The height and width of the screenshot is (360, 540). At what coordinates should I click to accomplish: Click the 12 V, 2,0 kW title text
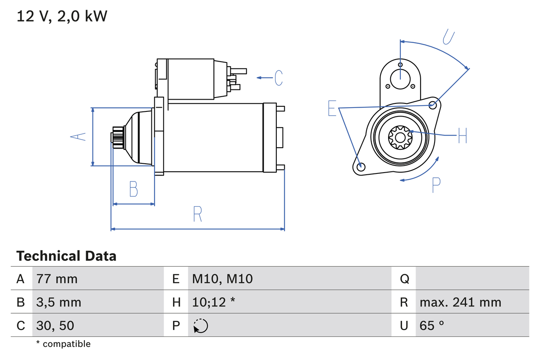(x=62, y=16)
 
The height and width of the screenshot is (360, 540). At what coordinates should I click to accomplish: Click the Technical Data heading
(x=66, y=256)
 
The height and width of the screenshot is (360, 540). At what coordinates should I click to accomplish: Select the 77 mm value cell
(x=57, y=279)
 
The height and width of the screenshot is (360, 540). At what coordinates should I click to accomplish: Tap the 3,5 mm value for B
(x=59, y=302)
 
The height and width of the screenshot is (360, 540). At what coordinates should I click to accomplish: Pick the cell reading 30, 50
(x=55, y=325)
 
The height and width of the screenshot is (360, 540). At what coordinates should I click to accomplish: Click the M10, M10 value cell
(x=222, y=279)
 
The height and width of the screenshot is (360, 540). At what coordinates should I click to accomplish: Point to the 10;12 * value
(x=213, y=302)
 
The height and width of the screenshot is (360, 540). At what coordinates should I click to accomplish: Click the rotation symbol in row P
(x=200, y=326)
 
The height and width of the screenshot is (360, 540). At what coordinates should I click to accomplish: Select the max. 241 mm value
(x=460, y=302)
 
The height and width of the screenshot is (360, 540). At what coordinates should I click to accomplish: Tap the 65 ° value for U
(x=432, y=325)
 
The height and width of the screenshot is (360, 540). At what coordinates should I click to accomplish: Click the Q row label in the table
(x=404, y=279)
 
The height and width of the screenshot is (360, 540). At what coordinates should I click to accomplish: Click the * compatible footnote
(x=63, y=344)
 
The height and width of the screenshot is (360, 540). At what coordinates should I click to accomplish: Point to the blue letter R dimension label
(x=197, y=214)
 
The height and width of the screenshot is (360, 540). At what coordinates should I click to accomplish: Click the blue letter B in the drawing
(x=133, y=189)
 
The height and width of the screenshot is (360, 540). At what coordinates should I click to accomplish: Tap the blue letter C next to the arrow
(x=278, y=78)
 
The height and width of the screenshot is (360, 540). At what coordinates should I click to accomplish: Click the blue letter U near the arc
(x=448, y=37)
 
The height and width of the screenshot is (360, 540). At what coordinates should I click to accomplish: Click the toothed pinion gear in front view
(x=400, y=137)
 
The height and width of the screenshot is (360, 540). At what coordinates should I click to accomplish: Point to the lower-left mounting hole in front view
(x=360, y=167)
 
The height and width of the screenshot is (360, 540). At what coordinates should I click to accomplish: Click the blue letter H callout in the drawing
(x=462, y=135)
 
